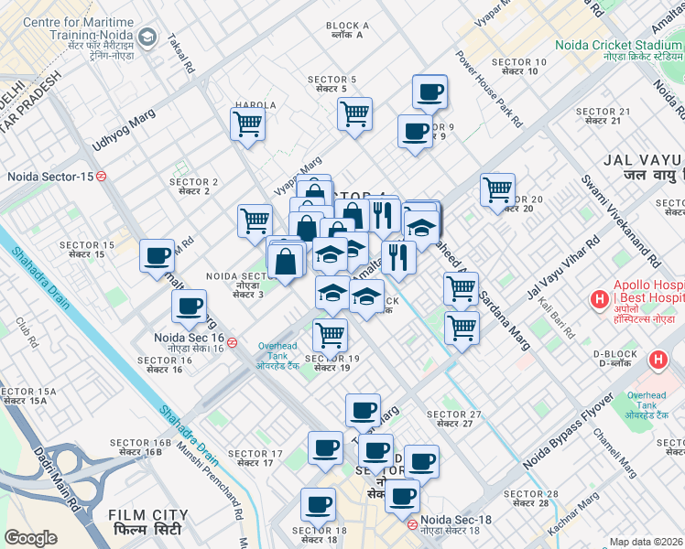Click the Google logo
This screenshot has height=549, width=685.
coord(31,538)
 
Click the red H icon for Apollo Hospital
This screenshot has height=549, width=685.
coord(600,298)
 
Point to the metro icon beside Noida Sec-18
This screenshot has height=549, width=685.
coord(413,525)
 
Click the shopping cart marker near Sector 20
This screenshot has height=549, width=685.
coord(497,189)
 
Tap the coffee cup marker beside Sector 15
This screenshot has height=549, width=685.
coord(158,255)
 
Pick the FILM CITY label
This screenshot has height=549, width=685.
coord(143,523)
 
